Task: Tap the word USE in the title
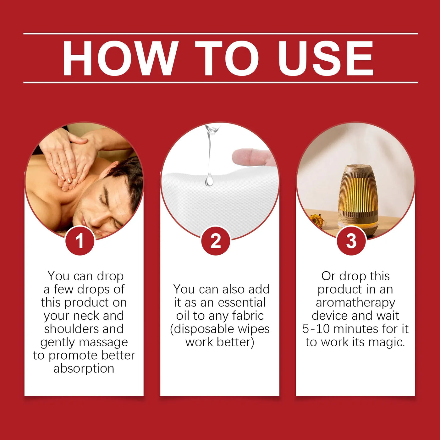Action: point(326,58)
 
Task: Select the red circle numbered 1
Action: point(80,241)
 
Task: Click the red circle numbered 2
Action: point(216,241)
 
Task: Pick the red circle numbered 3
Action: point(351,241)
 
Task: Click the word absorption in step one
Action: point(84,369)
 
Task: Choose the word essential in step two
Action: point(242,303)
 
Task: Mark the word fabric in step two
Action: point(248,316)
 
